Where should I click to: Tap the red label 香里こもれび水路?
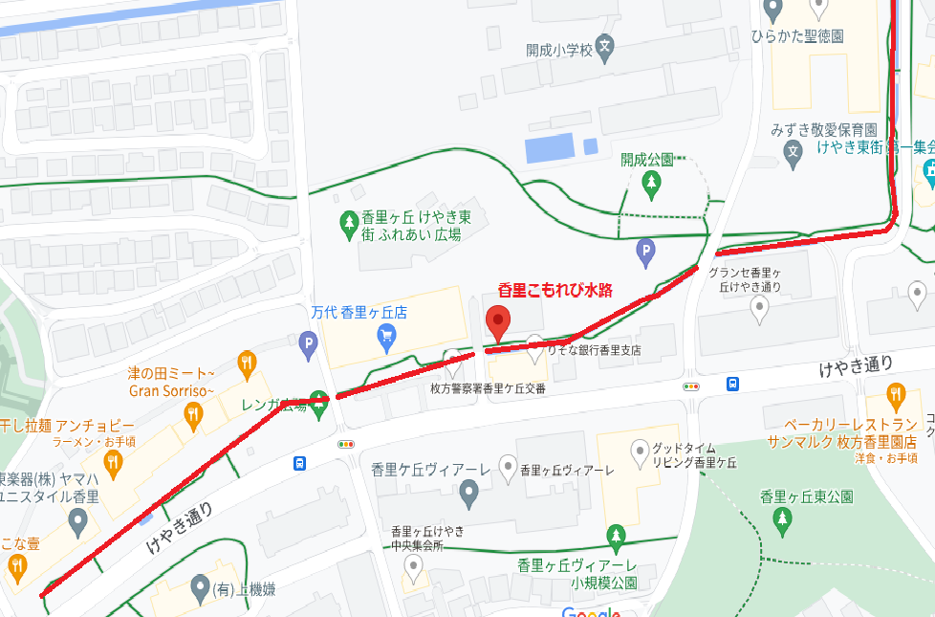point(554,288)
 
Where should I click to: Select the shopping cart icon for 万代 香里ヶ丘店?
point(386,334)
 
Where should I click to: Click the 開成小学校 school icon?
point(604,46)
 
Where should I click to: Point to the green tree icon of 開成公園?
point(651,181)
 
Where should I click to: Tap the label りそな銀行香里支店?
point(594,350)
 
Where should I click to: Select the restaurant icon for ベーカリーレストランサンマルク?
point(896,394)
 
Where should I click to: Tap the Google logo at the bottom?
point(591,610)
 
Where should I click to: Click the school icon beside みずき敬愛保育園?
point(793,151)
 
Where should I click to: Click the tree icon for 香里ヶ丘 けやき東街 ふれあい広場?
point(349,226)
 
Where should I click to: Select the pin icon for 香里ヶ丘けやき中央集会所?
point(413,568)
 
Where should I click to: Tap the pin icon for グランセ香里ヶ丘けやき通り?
point(759,306)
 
